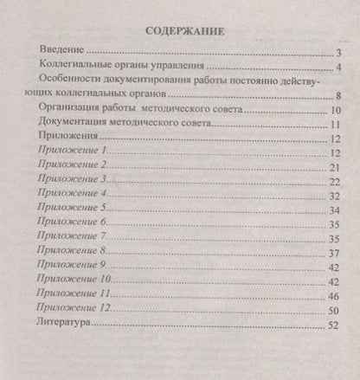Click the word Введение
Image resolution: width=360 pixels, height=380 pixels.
65,52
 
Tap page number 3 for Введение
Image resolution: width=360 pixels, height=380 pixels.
340,54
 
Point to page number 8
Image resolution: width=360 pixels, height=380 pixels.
341,96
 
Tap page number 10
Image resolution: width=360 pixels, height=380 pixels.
337,111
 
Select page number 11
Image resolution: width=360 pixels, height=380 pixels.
337,126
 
